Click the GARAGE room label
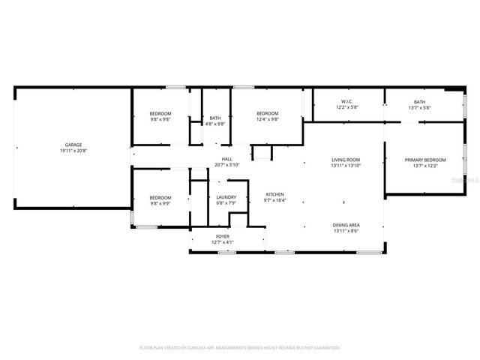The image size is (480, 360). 73,145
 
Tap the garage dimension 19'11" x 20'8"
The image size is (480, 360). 73,151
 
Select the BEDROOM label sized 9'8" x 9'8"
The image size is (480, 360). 160,113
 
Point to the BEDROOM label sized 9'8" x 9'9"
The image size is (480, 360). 160,197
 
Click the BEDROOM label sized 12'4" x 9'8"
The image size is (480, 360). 267,113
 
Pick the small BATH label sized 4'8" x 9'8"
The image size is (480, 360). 215,118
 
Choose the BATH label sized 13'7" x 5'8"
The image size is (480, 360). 419,102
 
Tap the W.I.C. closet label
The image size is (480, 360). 347,102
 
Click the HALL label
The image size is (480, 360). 226,159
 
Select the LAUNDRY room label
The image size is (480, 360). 226,197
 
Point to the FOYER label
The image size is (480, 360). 223,236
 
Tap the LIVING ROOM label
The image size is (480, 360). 346,159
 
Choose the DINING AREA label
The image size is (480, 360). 346,225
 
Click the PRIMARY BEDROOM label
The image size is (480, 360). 425,159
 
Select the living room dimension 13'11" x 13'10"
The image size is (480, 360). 346,165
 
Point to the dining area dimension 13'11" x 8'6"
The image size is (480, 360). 346,231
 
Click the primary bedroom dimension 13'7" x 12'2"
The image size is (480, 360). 425,165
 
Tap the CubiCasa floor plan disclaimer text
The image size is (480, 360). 240,348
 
